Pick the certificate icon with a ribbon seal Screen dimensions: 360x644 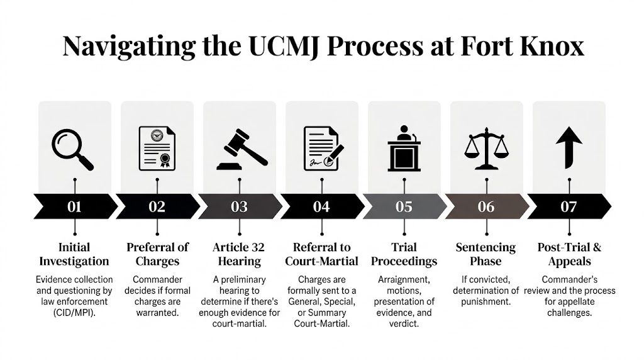click(x=157, y=149)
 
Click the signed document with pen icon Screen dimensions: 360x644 click(x=321, y=149)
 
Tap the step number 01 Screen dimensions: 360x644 click(x=74, y=206)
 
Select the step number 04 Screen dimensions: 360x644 click(x=321, y=206)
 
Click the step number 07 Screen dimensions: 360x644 click(x=569, y=206)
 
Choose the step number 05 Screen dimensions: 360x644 click(x=404, y=206)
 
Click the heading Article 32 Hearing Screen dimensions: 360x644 click(x=239, y=254)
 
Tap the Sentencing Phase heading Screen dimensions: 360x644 click(x=486, y=254)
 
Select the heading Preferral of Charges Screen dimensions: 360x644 click(x=157, y=254)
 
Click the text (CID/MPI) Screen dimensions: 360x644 click(x=74, y=312)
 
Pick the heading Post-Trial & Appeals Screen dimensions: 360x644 click(x=569, y=254)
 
